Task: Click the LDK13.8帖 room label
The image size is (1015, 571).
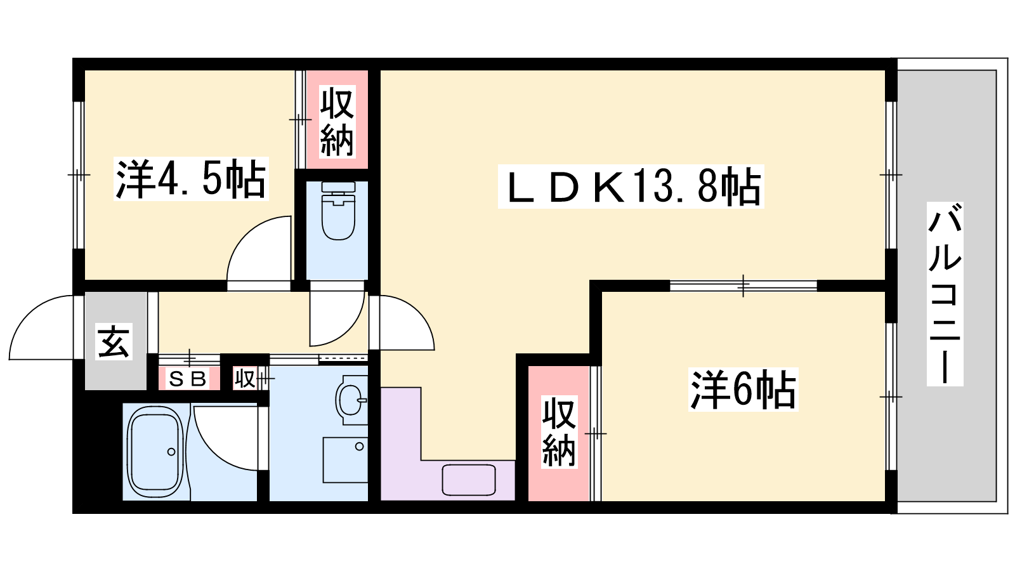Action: [x=631, y=187]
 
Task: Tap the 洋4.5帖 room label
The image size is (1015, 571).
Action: [x=190, y=179]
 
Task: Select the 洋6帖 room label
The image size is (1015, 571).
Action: [x=743, y=389]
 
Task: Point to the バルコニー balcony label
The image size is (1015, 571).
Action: [x=945, y=294]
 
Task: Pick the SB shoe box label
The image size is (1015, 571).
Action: [x=188, y=379]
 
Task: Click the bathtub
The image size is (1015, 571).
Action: [x=156, y=452]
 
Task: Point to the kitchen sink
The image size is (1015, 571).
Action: [x=469, y=480]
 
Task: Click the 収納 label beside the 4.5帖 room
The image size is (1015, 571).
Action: [x=336, y=123]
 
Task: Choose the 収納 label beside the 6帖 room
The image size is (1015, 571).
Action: [x=559, y=431]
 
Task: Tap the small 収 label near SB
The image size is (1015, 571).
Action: [x=244, y=379]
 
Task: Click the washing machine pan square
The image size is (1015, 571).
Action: [x=345, y=459]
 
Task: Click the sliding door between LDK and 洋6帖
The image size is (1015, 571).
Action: [x=743, y=285]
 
